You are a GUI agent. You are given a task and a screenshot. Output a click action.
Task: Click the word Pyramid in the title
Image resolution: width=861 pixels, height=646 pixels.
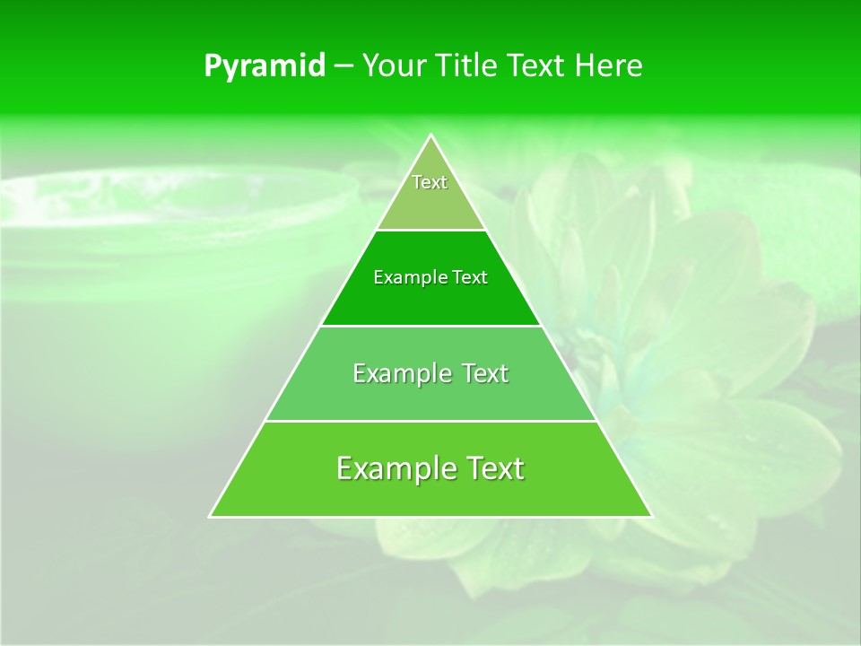(265, 66)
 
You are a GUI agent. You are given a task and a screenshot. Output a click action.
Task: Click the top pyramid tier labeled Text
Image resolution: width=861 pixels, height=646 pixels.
(430, 193)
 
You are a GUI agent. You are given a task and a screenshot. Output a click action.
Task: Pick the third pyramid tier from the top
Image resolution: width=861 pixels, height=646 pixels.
(430, 386)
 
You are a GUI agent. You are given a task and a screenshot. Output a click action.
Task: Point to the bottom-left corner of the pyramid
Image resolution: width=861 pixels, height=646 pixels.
(211, 516)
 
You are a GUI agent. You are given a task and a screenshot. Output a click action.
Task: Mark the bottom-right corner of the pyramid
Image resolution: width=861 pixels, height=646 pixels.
(651, 516)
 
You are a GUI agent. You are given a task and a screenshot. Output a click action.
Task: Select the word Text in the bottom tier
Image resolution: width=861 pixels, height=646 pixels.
(492, 468)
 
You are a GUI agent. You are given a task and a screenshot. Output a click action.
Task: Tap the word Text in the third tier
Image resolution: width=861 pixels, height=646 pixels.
(484, 373)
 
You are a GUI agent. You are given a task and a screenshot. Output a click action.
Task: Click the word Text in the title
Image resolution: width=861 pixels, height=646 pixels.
(538, 66)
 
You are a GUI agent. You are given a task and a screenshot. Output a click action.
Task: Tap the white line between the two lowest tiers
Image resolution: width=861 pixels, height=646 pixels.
(430, 421)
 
